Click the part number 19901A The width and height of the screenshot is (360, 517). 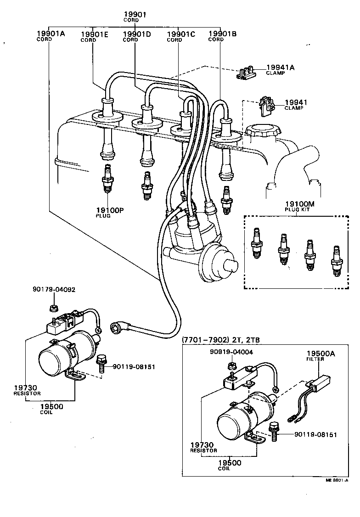(x=51, y=34)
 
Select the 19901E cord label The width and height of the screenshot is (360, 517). (x=95, y=34)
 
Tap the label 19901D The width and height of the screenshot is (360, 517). (x=137, y=34)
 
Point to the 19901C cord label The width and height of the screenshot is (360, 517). (x=180, y=34)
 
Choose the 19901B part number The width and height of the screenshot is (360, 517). (x=223, y=34)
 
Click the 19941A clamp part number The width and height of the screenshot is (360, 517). (x=280, y=67)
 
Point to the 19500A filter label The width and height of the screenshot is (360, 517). (x=321, y=354)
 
